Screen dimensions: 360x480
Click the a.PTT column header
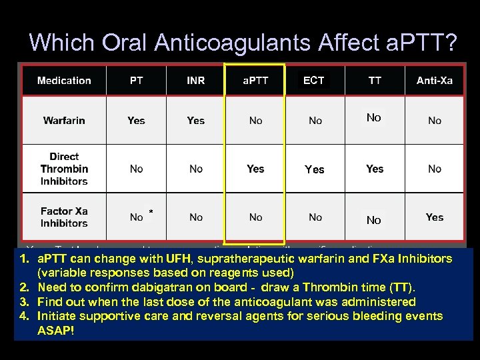[255, 81]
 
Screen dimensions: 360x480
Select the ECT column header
[313, 81]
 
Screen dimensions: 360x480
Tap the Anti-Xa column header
[434, 81]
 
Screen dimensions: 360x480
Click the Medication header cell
[64, 81]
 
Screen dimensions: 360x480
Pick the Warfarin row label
[64, 121]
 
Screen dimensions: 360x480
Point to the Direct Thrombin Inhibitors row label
[64, 169]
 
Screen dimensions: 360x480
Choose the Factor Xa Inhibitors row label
[64, 217]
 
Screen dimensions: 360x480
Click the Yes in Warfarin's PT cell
[136, 121]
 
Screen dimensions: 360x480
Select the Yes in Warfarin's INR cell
[196, 121]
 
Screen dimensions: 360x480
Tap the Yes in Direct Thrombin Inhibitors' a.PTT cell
[255, 169]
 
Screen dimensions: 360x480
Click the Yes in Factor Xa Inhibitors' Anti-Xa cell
[435, 217]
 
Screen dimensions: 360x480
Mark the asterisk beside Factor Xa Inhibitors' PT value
[151, 213]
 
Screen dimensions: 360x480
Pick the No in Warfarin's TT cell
[373, 118]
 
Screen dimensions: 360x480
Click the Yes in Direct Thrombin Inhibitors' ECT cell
[314, 169]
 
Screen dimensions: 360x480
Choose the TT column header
[375, 81]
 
